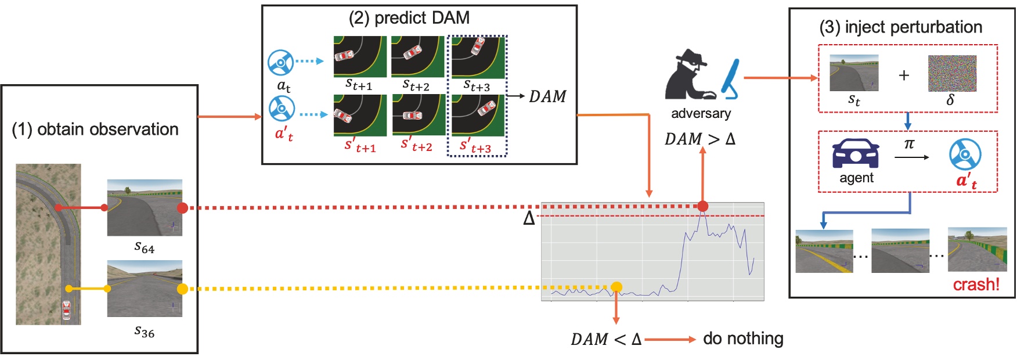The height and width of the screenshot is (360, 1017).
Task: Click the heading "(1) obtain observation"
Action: pos(95,129)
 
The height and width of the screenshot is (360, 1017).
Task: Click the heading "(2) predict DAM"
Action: pos(409,18)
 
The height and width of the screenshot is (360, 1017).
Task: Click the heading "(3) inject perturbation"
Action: pos(900,27)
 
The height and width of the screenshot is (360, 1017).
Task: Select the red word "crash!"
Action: pos(976,285)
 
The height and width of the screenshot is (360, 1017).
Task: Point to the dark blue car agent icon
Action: pos(856,153)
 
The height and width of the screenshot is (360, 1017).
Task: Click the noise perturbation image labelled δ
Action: pos(952,73)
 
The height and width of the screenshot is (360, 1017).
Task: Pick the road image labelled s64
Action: pos(145,207)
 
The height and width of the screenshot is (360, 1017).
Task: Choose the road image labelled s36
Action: pos(145,289)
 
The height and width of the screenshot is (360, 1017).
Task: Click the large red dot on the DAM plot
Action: pos(702,206)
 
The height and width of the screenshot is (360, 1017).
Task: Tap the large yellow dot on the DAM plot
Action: pos(616,287)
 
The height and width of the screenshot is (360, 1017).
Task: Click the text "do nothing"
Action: pos(743,338)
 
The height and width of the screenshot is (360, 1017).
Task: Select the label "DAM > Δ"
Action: pos(699,139)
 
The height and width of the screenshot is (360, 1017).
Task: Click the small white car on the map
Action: pos(66,311)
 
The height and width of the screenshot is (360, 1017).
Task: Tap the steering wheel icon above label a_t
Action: pos(280,62)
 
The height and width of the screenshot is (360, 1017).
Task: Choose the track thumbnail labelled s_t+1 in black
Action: pos(360,56)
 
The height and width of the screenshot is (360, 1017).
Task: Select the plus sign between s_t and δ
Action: pos(904,75)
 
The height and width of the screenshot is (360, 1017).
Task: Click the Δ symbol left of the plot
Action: pos(529,218)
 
